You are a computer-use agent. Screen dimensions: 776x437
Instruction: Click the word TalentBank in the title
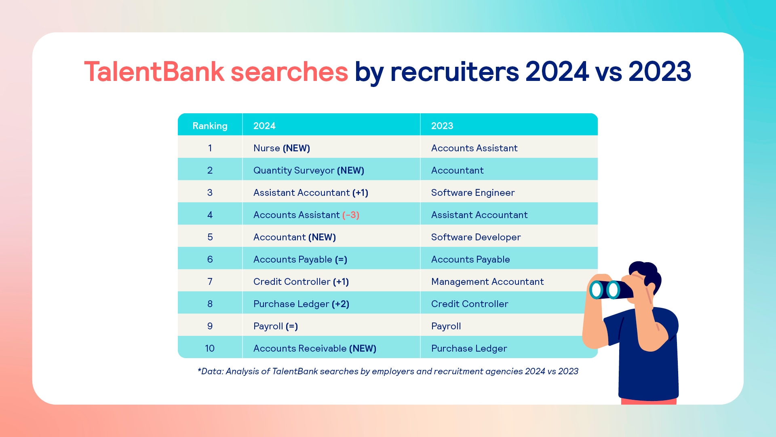[x=154, y=72]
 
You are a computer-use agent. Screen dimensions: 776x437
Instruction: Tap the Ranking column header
[x=210, y=126]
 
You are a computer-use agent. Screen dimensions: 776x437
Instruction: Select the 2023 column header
[x=442, y=126]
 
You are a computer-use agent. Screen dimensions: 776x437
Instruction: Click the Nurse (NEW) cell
[x=282, y=148]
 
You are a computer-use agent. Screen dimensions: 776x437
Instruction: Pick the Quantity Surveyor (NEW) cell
[x=309, y=170]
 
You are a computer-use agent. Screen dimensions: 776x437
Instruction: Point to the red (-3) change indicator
[x=351, y=215]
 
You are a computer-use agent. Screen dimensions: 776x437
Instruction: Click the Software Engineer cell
[x=473, y=193]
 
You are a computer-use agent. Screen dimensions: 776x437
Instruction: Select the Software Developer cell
[x=476, y=237]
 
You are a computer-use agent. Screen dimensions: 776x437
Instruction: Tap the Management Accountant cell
[x=487, y=282]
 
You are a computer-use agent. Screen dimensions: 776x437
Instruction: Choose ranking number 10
[x=210, y=348]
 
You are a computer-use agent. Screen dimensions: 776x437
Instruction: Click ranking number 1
[x=210, y=148]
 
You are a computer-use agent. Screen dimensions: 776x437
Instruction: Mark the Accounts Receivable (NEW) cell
[x=315, y=348]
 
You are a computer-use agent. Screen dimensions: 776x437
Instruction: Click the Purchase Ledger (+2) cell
[x=301, y=304]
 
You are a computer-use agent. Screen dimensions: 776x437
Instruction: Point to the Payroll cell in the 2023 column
[x=446, y=326]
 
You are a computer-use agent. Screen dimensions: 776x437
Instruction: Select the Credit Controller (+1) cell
[x=301, y=282]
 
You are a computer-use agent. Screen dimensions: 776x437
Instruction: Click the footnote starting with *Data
[x=388, y=371]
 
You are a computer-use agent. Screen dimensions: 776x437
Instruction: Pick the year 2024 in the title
[x=557, y=72]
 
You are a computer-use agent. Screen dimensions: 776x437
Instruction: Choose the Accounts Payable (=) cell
[x=300, y=259]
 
